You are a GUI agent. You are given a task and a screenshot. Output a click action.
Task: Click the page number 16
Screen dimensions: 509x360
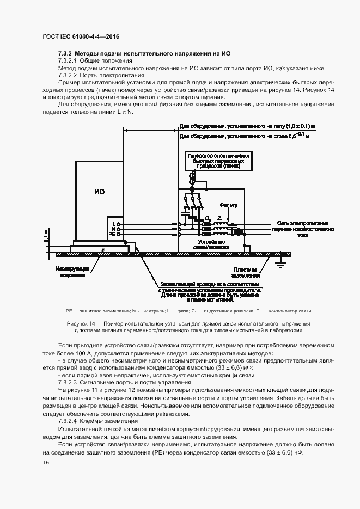click(x=45, y=462)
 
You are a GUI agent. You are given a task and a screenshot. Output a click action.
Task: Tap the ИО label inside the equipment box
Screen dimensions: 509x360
click(x=99, y=191)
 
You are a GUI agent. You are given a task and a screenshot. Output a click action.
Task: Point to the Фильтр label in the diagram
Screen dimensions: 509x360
click(x=229, y=205)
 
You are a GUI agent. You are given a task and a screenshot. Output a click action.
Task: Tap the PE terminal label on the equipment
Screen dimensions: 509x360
click(x=113, y=235)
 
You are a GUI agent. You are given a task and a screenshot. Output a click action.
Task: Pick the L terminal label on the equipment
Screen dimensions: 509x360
click(x=114, y=224)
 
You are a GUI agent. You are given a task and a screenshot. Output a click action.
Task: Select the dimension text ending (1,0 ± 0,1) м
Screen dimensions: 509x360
click(x=244, y=127)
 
